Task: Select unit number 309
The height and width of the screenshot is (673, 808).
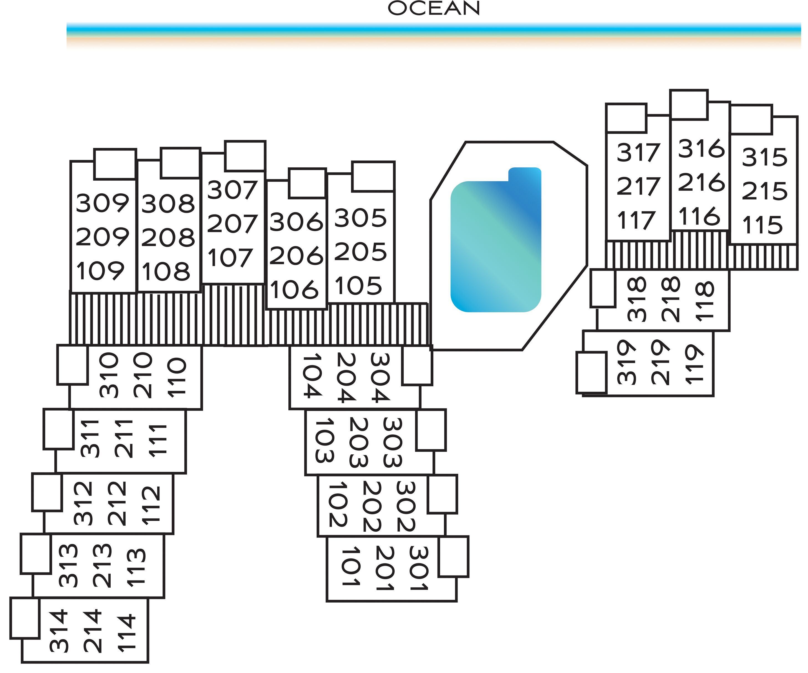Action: pos(102,203)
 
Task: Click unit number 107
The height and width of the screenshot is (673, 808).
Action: pos(230,257)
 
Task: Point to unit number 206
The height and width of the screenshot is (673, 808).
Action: pos(296,256)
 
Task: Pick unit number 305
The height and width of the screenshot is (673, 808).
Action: pos(360,218)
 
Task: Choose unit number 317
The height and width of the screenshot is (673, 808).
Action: pos(639,152)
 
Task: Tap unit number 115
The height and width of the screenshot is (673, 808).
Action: pos(763,225)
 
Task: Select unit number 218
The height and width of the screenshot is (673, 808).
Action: pos(671,299)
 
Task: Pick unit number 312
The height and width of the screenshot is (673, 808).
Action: pos(83,503)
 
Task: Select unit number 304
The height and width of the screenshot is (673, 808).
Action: pos(380,377)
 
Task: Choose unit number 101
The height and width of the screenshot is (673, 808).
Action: pos(350,566)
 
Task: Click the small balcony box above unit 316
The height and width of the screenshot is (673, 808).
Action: pos(689,105)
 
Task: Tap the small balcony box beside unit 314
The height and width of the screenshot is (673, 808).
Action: pos(25,618)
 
